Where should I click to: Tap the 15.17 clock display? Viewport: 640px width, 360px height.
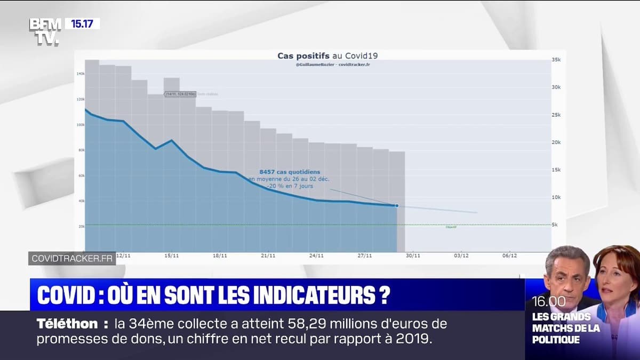pos(82,23)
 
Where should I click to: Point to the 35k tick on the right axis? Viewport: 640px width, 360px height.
pos(556,60)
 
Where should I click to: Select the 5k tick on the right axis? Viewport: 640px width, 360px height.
pos(555,225)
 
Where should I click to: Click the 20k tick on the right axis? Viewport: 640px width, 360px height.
pos(556,142)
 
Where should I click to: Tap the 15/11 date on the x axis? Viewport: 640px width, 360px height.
pos(171,256)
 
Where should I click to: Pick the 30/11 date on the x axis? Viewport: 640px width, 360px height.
pos(413,256)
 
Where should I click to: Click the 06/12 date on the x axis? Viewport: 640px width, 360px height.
pos(509,256)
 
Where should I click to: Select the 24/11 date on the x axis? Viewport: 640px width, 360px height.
pos(316,256)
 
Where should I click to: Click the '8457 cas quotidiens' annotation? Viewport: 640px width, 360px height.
pos(290,172)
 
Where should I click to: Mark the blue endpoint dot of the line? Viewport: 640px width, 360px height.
pos(396,205)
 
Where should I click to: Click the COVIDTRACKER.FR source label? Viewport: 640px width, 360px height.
pos(72,258)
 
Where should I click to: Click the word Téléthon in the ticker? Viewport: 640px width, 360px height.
pos(67,324)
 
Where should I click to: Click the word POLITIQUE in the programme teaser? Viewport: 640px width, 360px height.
pos(556,340)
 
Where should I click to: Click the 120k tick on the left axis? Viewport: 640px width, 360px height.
pos(81,99)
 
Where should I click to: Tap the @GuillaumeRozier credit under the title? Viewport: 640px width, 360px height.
pos(316,65)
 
